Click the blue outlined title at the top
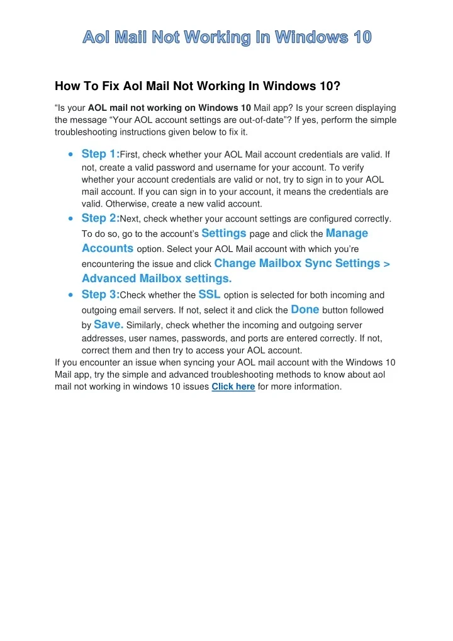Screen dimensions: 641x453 [227, 38]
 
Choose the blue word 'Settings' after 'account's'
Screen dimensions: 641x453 [223, 233]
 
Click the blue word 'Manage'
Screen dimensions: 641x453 [347, 233]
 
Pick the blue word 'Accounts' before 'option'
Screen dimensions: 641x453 [107, 248]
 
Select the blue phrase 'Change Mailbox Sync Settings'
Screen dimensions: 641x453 [297, 263]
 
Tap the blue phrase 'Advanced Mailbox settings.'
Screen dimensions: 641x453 [157, 278]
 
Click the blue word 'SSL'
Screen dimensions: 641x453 [209, 293]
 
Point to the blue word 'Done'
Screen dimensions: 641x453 [305, 309]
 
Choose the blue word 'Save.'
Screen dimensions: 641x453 [108, 324]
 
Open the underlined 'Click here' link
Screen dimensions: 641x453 [233, 387]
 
